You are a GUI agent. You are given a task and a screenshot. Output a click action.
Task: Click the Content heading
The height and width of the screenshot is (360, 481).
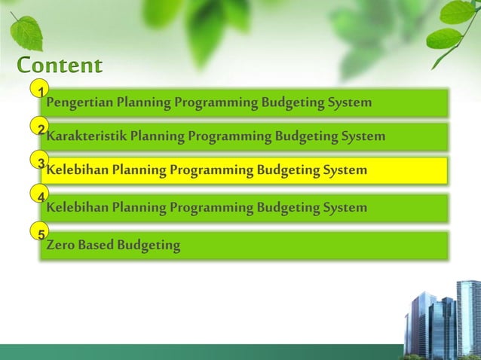[59, 66]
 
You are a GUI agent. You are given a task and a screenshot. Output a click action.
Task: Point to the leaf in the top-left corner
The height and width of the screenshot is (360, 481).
[27, 31]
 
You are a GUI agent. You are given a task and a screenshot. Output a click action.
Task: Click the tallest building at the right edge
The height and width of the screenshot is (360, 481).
[469, 316]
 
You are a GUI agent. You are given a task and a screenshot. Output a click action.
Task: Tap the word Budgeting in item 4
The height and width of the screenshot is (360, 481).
[285, 208]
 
